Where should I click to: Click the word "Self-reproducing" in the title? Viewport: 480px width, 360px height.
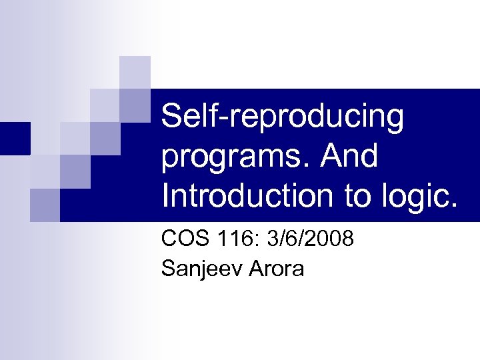(x=283, y=118)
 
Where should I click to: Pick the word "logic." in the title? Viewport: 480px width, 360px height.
(x=421, y=197)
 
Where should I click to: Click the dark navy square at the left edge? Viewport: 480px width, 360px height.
(x=15, y=138)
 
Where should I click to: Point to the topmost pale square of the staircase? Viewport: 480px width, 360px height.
(x=135, y=71)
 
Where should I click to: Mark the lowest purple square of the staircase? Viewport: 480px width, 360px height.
(x=45, y=204)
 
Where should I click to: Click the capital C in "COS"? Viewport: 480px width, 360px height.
(x=170, y=239)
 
